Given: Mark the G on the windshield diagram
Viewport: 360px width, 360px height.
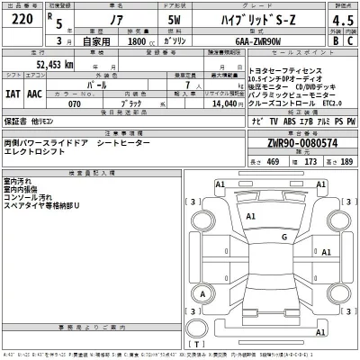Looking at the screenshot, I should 283,237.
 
